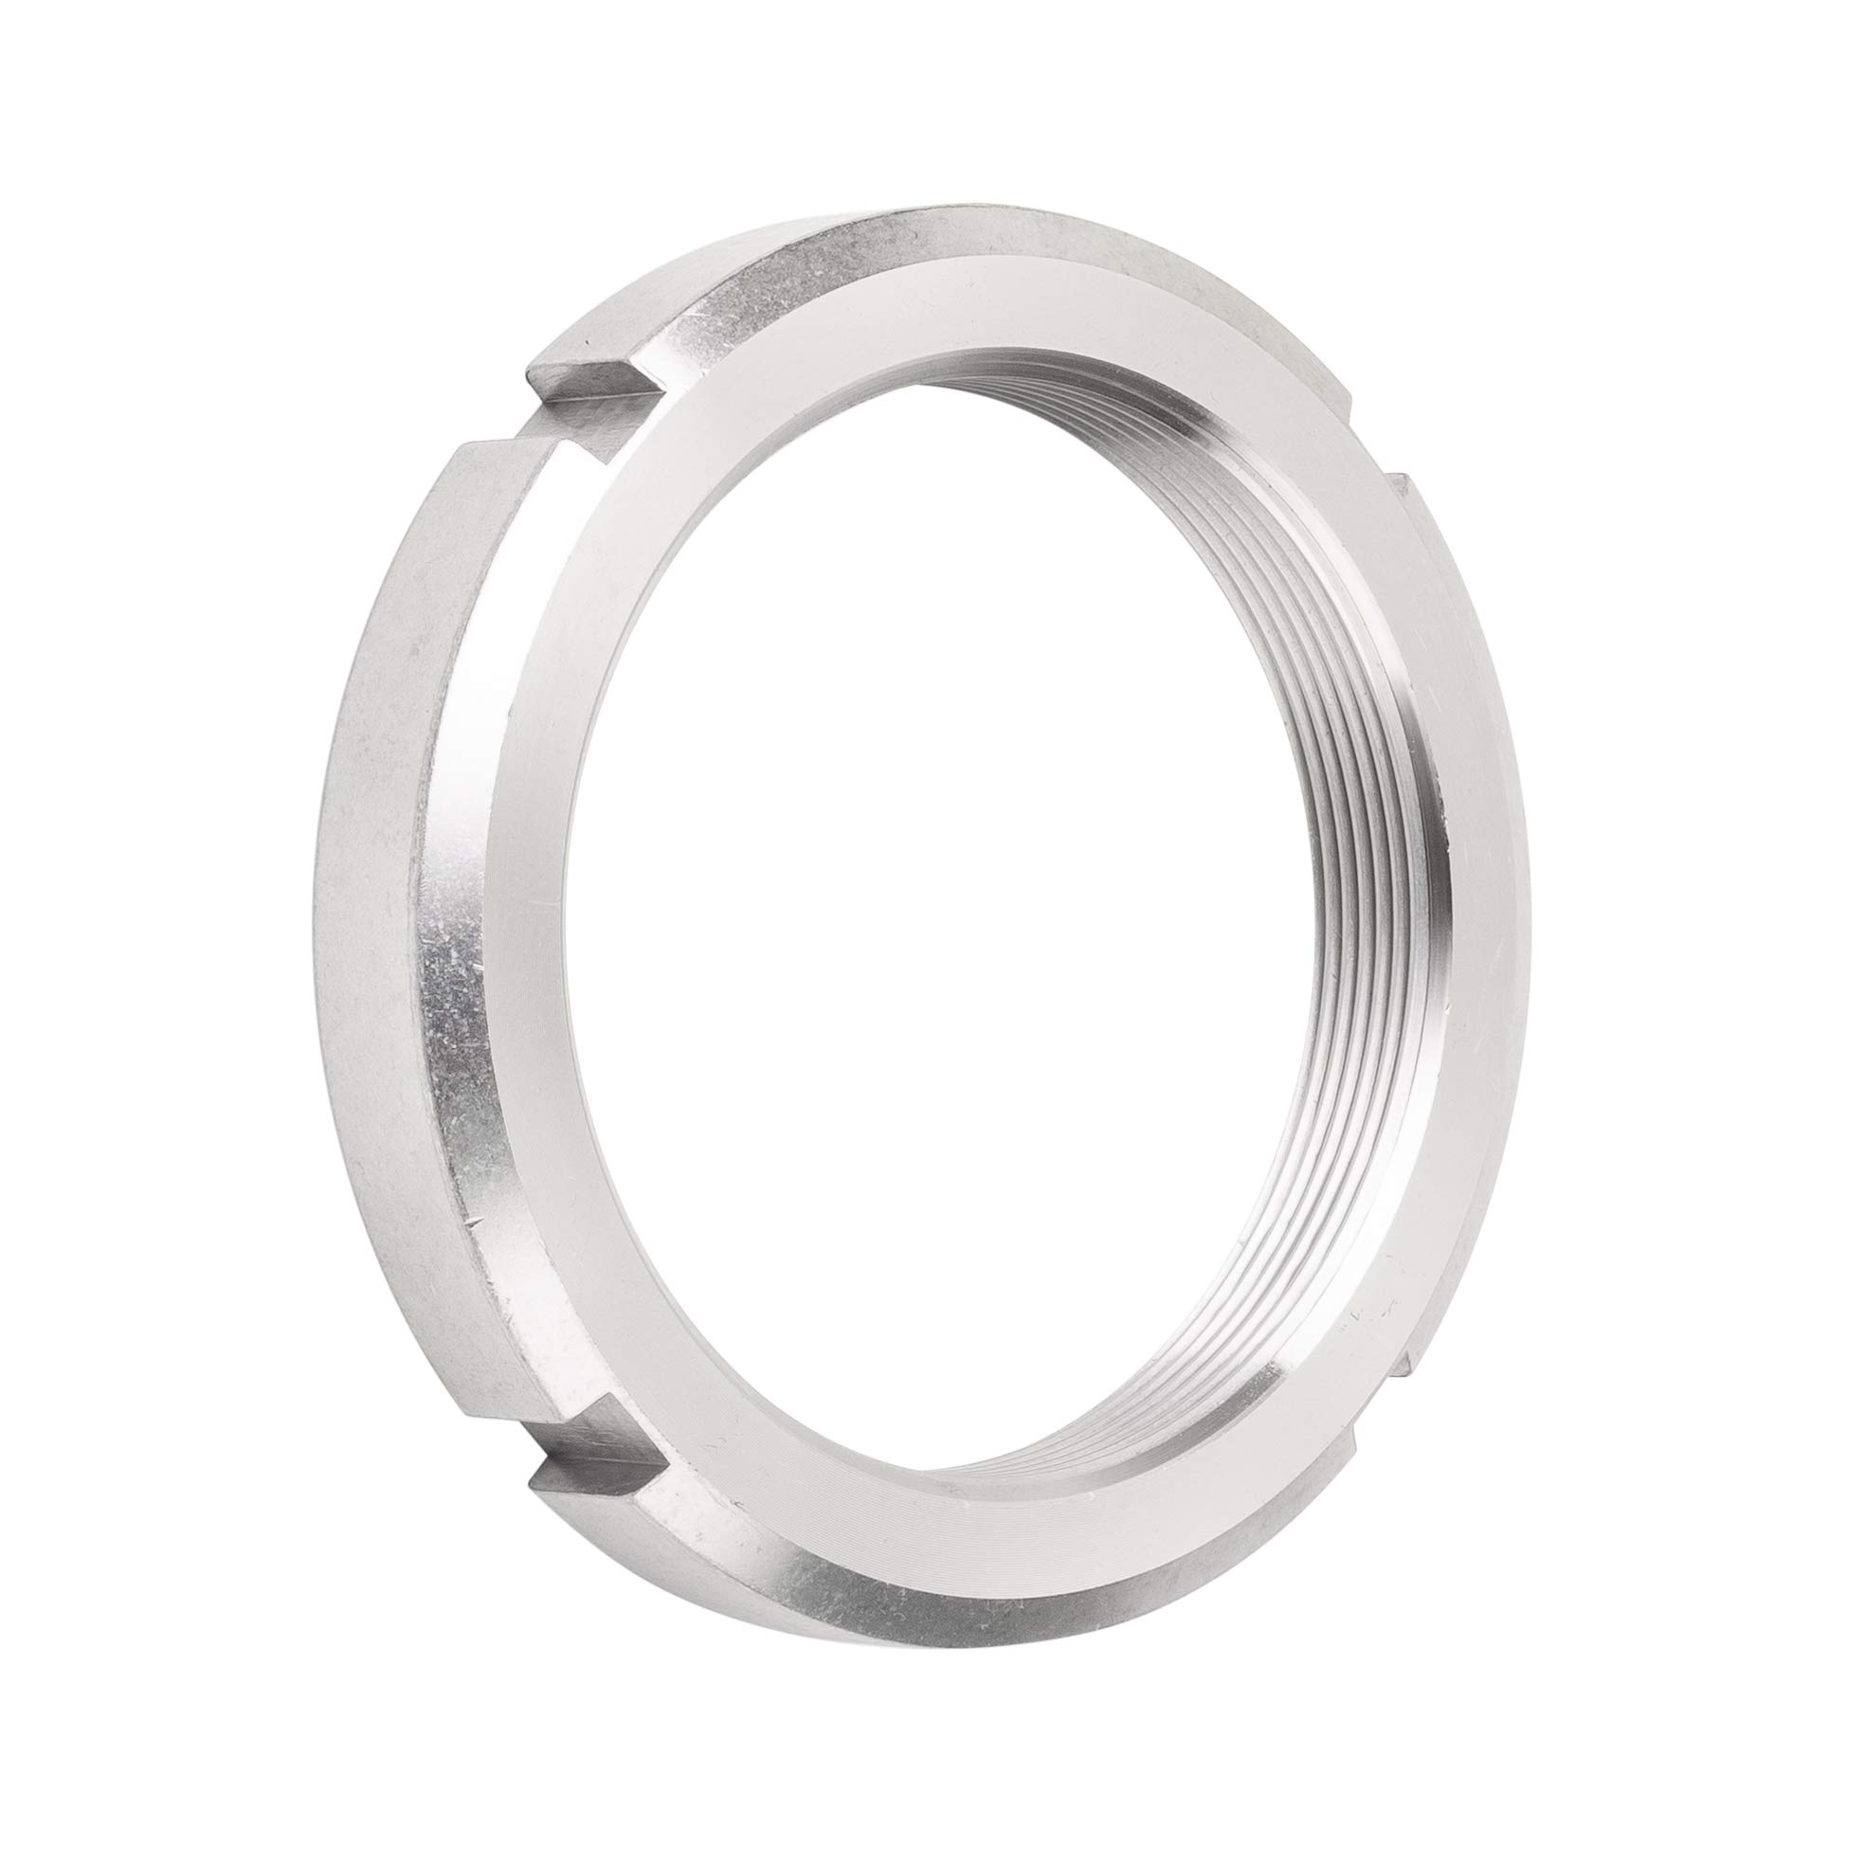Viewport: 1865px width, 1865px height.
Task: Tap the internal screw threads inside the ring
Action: point(1351,966)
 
